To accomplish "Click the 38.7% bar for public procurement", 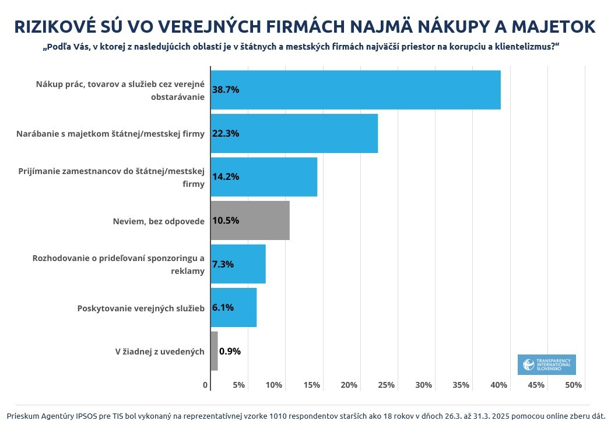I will (356, 89).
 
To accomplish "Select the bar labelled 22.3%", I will (294, 133).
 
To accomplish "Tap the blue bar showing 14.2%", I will (264, 176).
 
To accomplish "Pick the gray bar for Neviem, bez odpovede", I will (250, 220).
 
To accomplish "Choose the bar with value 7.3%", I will (238, 264).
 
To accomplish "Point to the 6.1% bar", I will (233, 307).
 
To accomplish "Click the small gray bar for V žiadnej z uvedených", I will (214, 351).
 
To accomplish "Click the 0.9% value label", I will (230, 351).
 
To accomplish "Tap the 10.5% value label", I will (226, 220).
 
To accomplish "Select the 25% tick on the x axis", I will (386, 385).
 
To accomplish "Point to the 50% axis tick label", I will (573, 385).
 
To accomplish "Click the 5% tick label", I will (238, 385).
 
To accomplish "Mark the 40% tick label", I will (498, 385).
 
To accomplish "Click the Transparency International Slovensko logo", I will (546, 364).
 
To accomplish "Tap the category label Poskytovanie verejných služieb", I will (141, 308).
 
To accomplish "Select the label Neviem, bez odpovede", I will (159, 221).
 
